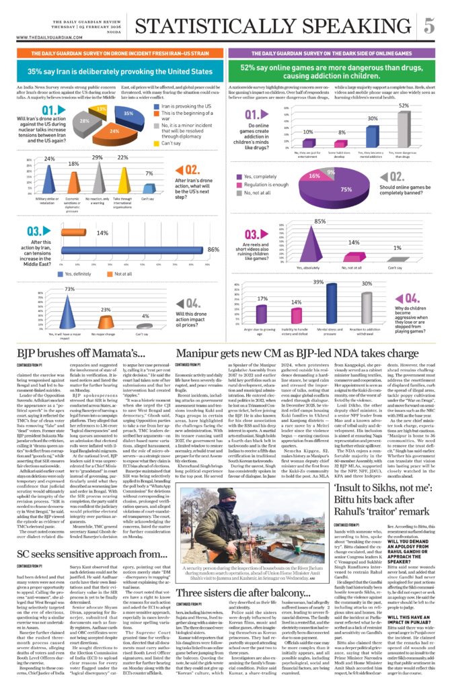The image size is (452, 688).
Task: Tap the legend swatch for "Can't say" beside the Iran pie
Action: coord(156,142)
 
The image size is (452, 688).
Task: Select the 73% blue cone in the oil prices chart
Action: coord(69,300)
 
